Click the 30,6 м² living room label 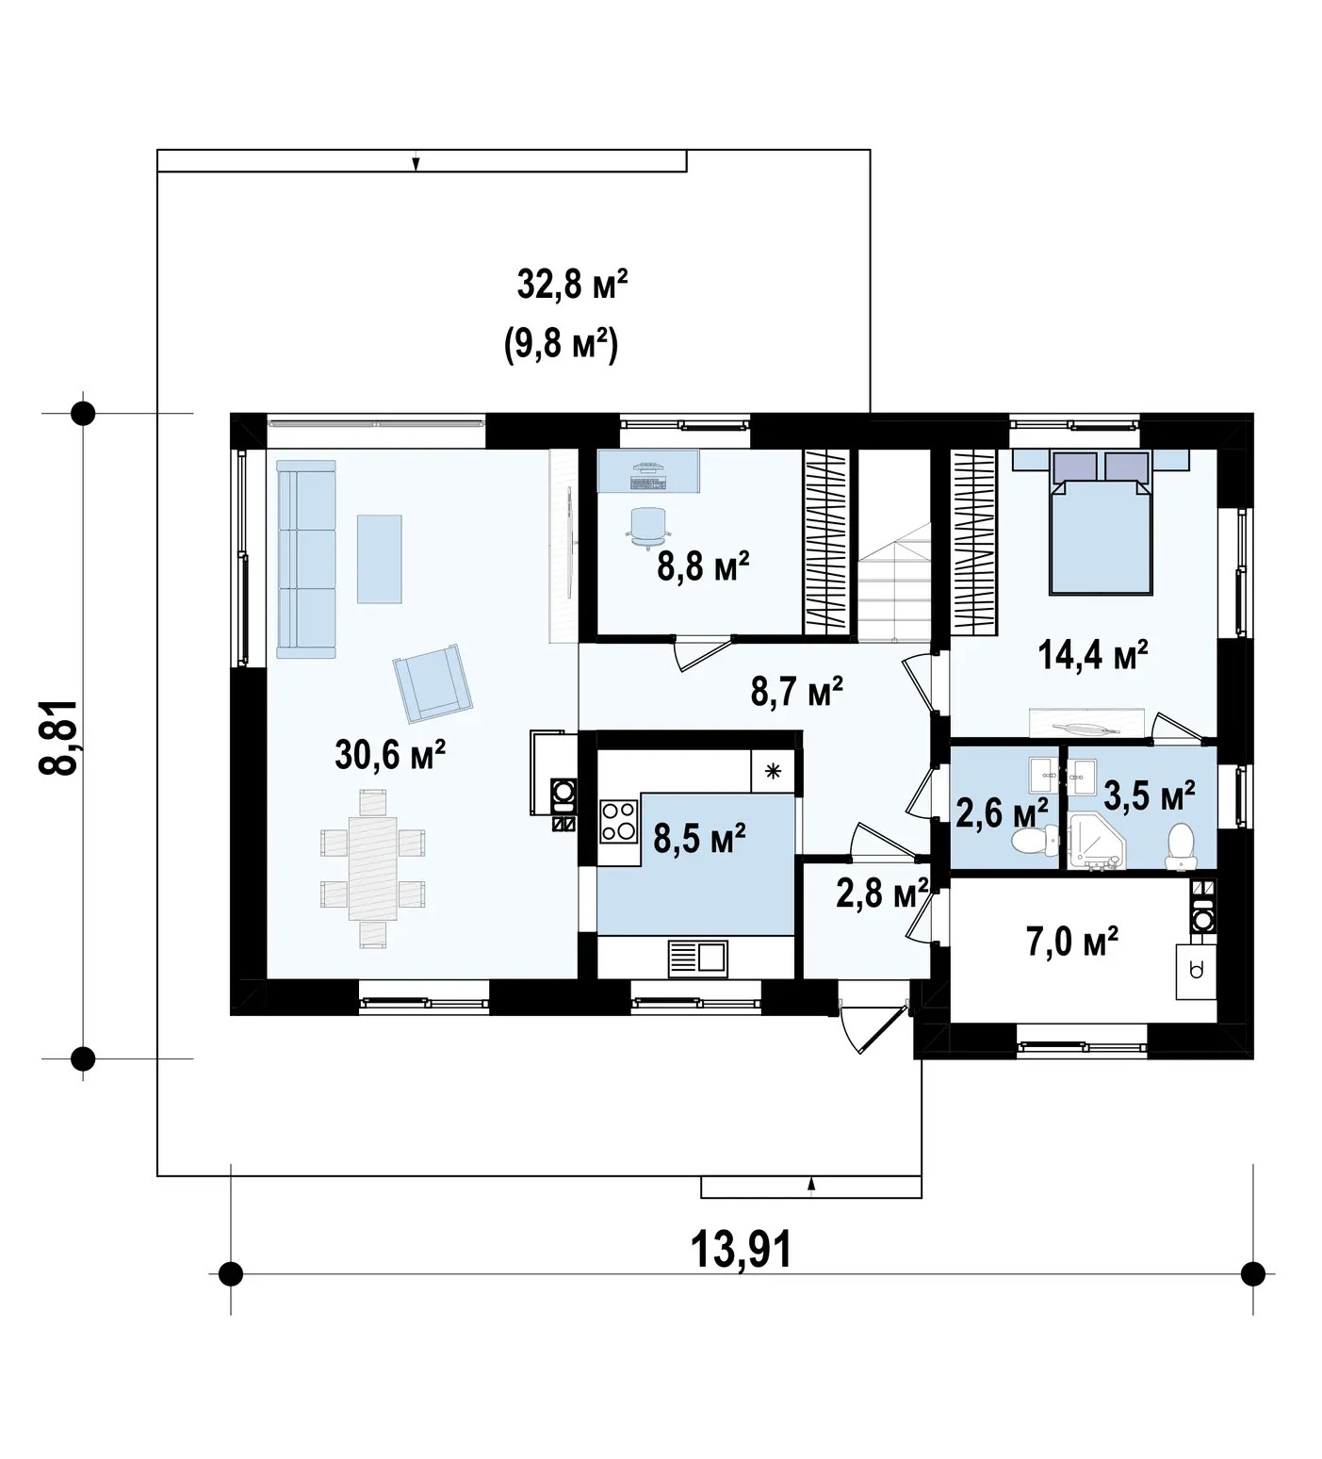click(390, 754)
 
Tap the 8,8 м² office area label click(703, 567)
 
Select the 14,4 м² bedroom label click(1093, 653)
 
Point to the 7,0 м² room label click(1072, 941)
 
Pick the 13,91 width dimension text click(742, 1250)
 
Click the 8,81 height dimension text click(58, 737)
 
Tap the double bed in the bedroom click(1102, 521)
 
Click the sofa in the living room click(306, 559)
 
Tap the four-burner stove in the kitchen click(619, 819)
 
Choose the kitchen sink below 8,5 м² click(698, 959)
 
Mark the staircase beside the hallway click(892, 544)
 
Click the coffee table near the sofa click(379, 559)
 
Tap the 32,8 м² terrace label click(572, 284)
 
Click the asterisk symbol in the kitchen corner click(774, 772)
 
